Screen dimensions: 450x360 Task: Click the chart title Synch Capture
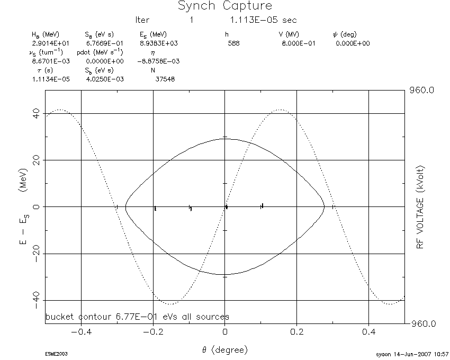[x=225, y=5]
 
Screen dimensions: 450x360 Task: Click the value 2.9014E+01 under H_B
[x=50, y=43]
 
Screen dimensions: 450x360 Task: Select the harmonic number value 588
[x=233, y=43]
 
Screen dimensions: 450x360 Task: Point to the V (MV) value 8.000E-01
[x=299, y=43]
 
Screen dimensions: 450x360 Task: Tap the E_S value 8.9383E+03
[x=159, y=43]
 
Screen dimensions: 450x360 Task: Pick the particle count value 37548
[x=165, y=79]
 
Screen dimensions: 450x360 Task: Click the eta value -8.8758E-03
[x=158, y=61]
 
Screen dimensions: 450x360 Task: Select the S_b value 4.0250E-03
[x=105, y=79]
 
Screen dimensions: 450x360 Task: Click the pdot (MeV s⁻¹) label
[x=100, y=52]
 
